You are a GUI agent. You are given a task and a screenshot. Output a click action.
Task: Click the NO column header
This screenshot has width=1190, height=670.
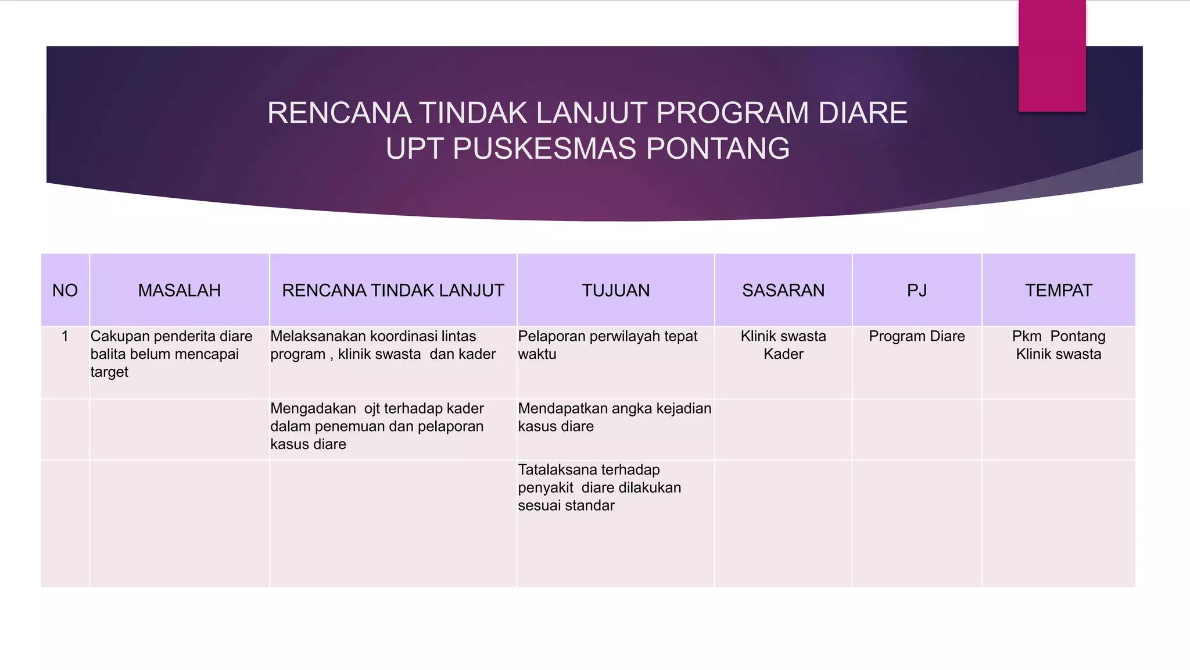65,290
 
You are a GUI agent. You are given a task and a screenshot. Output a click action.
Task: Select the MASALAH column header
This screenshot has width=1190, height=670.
179,290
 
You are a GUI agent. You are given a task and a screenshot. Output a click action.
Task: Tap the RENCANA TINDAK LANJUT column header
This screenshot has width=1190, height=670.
393,290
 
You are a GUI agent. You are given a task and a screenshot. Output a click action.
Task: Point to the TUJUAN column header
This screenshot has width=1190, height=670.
616,290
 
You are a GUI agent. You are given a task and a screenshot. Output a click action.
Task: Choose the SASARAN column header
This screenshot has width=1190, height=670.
783,290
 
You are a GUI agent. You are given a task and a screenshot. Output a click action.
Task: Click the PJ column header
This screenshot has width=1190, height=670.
917,290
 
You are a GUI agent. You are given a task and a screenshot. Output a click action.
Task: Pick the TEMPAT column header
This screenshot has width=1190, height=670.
1058,290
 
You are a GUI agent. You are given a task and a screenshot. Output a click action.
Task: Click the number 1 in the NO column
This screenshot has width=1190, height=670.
65,336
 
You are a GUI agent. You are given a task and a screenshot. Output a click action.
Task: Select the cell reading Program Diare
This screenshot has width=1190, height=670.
917,336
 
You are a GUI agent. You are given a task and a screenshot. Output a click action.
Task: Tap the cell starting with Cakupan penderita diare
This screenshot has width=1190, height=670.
171,354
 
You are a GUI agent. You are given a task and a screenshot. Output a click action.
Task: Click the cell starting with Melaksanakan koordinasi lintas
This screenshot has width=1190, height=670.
383,345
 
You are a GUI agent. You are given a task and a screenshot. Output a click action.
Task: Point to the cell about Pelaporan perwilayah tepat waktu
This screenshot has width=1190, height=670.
607,345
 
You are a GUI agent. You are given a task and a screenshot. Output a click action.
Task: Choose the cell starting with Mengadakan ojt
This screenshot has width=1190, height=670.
377,426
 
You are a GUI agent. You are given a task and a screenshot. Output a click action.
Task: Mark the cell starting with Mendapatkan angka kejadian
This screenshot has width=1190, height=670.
614,417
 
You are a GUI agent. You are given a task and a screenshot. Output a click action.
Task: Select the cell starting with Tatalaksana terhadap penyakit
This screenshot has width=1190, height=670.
599,487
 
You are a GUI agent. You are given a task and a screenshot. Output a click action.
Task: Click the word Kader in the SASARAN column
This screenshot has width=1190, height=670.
783,354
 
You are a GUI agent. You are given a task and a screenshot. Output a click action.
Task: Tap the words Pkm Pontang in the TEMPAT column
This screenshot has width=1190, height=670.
1058,336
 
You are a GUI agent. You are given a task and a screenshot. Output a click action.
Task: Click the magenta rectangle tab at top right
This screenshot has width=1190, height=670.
1052,55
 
